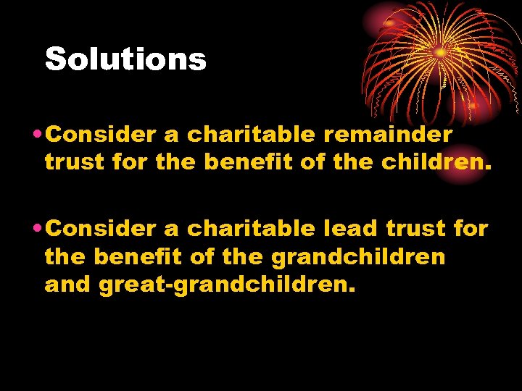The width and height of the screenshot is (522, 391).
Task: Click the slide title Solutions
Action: click(125, 59)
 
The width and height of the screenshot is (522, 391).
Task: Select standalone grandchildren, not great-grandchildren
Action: click(358, 257)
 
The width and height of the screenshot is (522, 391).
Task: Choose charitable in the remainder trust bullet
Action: click(251, 135)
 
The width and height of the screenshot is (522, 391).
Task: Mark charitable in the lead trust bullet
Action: click(251, 229)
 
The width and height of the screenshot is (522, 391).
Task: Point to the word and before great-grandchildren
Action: click(68, 285)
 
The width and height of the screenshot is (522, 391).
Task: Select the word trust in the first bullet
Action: click(75, 163)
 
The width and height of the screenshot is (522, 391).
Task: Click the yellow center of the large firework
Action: click(439, 52)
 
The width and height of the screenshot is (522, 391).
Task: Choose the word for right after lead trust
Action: click(470, 229)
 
